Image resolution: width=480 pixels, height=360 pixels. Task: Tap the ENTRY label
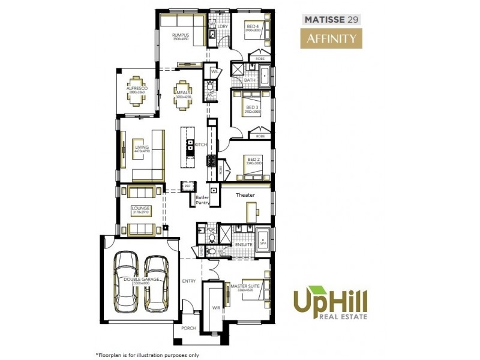189,281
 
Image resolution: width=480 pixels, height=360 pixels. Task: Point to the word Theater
245,195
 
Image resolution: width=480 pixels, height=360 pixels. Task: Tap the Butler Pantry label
202,200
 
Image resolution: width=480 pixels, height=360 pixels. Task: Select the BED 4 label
252,27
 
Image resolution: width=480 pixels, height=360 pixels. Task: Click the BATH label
250,80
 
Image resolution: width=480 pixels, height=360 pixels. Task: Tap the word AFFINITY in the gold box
332,40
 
